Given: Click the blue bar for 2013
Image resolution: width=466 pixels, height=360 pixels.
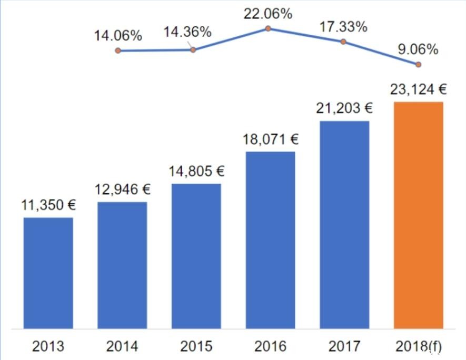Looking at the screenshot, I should pos(48,273).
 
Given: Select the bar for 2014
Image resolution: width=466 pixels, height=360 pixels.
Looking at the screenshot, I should pos(122,265).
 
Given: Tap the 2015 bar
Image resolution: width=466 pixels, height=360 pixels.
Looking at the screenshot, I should pos(196,256).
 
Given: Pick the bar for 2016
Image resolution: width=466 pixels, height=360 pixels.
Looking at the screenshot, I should pos(270,240).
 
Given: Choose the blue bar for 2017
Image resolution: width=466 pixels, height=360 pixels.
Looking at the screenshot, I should pos(344,225).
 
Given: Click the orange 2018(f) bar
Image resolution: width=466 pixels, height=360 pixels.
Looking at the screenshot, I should pos(419,215).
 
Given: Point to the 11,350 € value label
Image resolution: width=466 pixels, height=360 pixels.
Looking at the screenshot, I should pos(49,205).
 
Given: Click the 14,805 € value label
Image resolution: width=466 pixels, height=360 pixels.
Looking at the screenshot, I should pos(196,171).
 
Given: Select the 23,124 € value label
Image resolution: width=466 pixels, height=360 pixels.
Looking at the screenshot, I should pos(419,89).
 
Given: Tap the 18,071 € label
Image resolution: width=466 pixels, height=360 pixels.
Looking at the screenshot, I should pos(271,139).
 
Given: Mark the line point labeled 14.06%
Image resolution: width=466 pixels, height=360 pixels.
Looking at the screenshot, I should pos(118,51).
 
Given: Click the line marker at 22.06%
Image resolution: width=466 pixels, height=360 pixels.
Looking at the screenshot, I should pos(268,28).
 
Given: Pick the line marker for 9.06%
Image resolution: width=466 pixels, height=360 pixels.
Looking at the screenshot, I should pos(419,65).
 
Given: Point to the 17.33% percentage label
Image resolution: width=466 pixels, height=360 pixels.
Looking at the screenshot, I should pos(343,27).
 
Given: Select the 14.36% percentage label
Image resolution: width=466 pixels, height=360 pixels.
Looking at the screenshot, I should pos(187,32).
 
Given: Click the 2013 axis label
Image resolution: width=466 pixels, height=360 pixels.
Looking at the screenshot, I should pos(48,346).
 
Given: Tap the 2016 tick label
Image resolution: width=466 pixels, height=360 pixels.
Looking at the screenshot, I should pos(270,346).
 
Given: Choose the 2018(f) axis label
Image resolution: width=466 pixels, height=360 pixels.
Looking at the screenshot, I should pos(419,346).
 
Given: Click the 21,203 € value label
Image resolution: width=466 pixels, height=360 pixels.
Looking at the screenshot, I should pos(344,108).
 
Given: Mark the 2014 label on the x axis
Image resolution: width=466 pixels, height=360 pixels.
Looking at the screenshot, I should pos(122,346).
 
